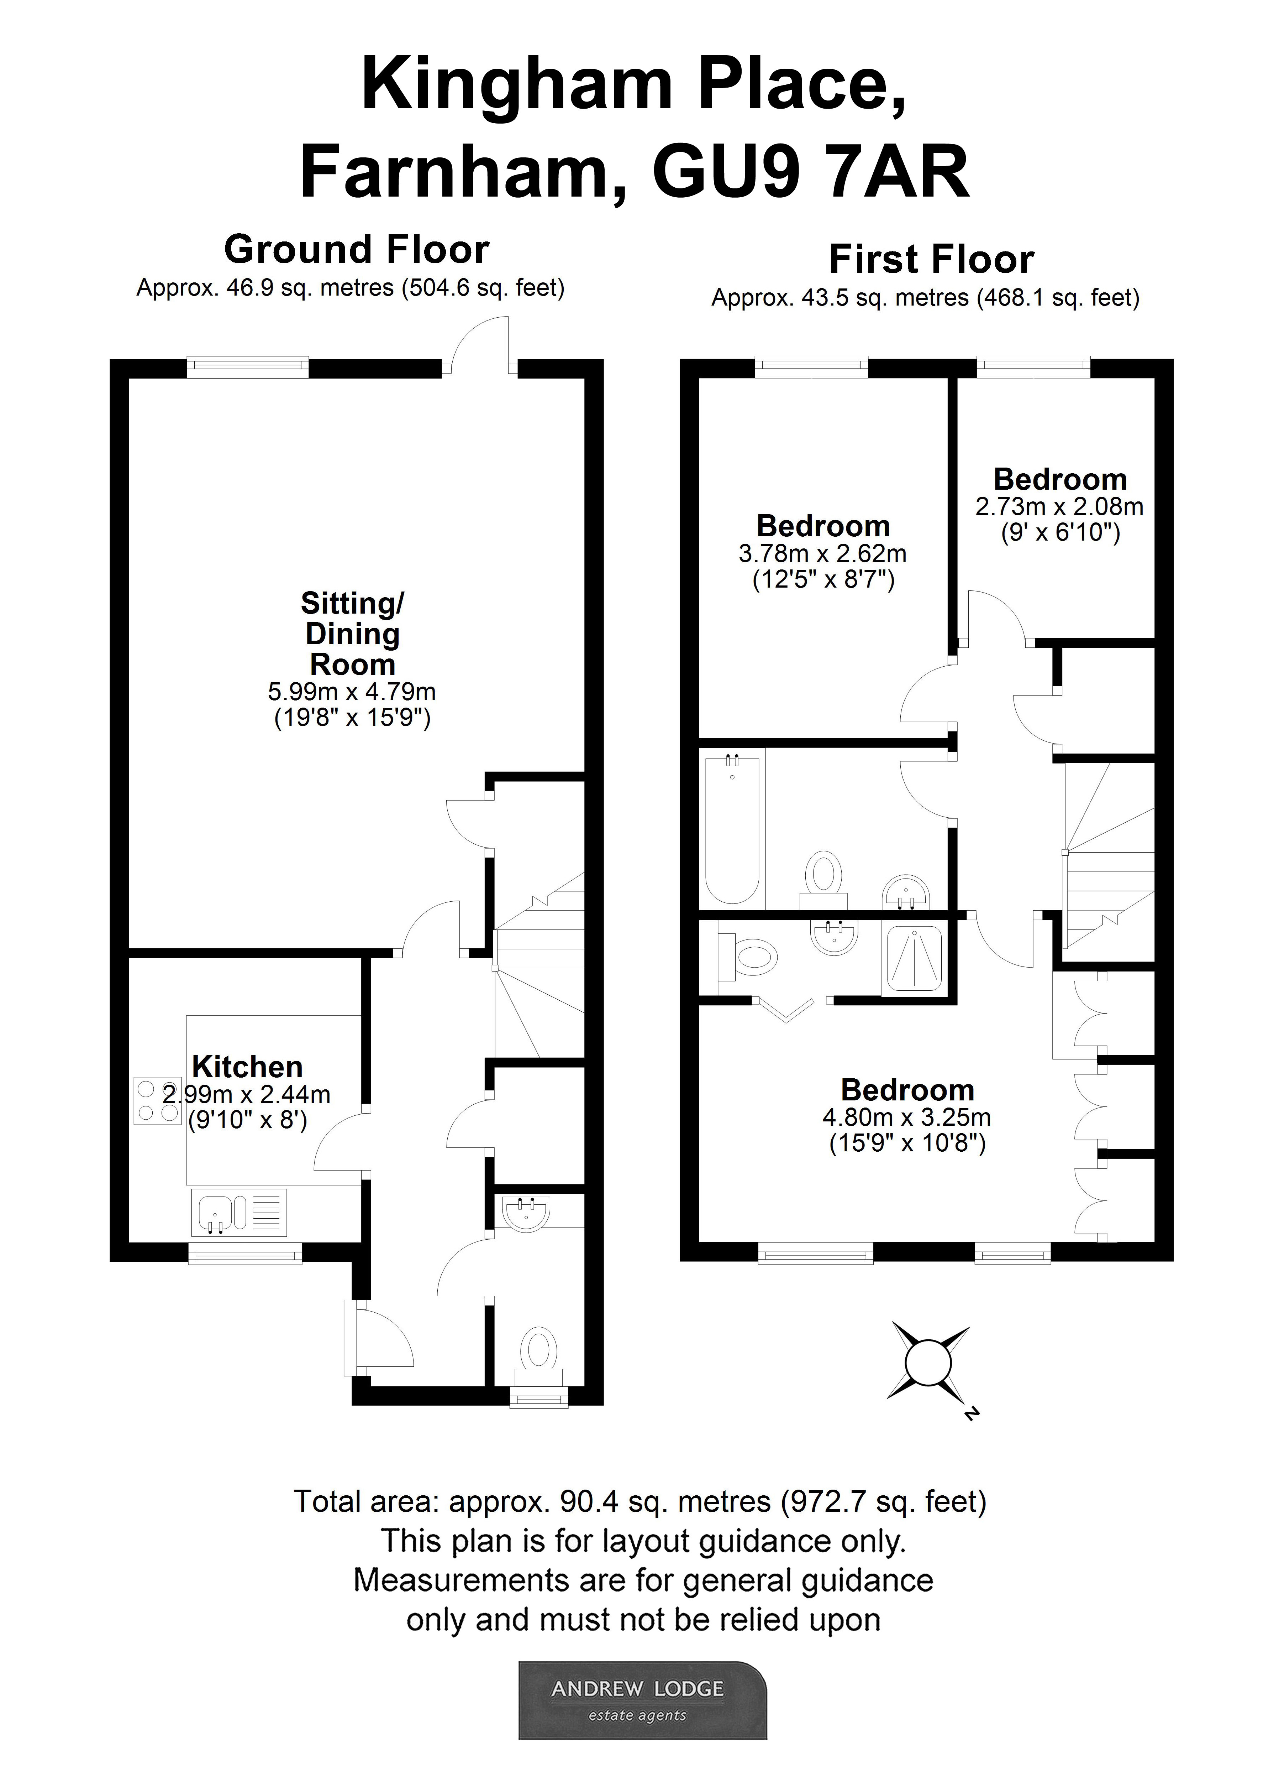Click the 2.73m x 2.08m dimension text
(1059, 507)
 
